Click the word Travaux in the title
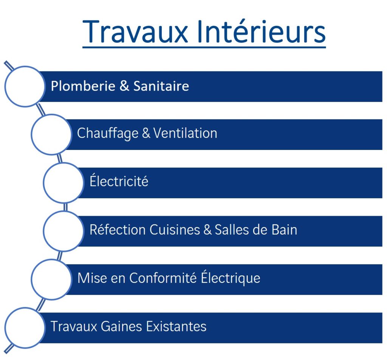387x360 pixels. [x=135, y=32]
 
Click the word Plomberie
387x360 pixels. [x=83, y=86]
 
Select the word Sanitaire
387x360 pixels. [x=161, y=86]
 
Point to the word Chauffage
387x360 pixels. [x=108, y=134]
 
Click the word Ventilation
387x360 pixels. [x=185, y=133]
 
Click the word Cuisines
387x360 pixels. [x=175, y=230]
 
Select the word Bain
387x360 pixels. [x=284, y=230]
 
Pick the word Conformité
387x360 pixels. [x=163, y=278]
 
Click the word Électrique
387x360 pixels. [x=231, y=278]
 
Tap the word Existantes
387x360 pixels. [x=176, y=326]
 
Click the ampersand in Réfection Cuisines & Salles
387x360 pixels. [x=207, y=230]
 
